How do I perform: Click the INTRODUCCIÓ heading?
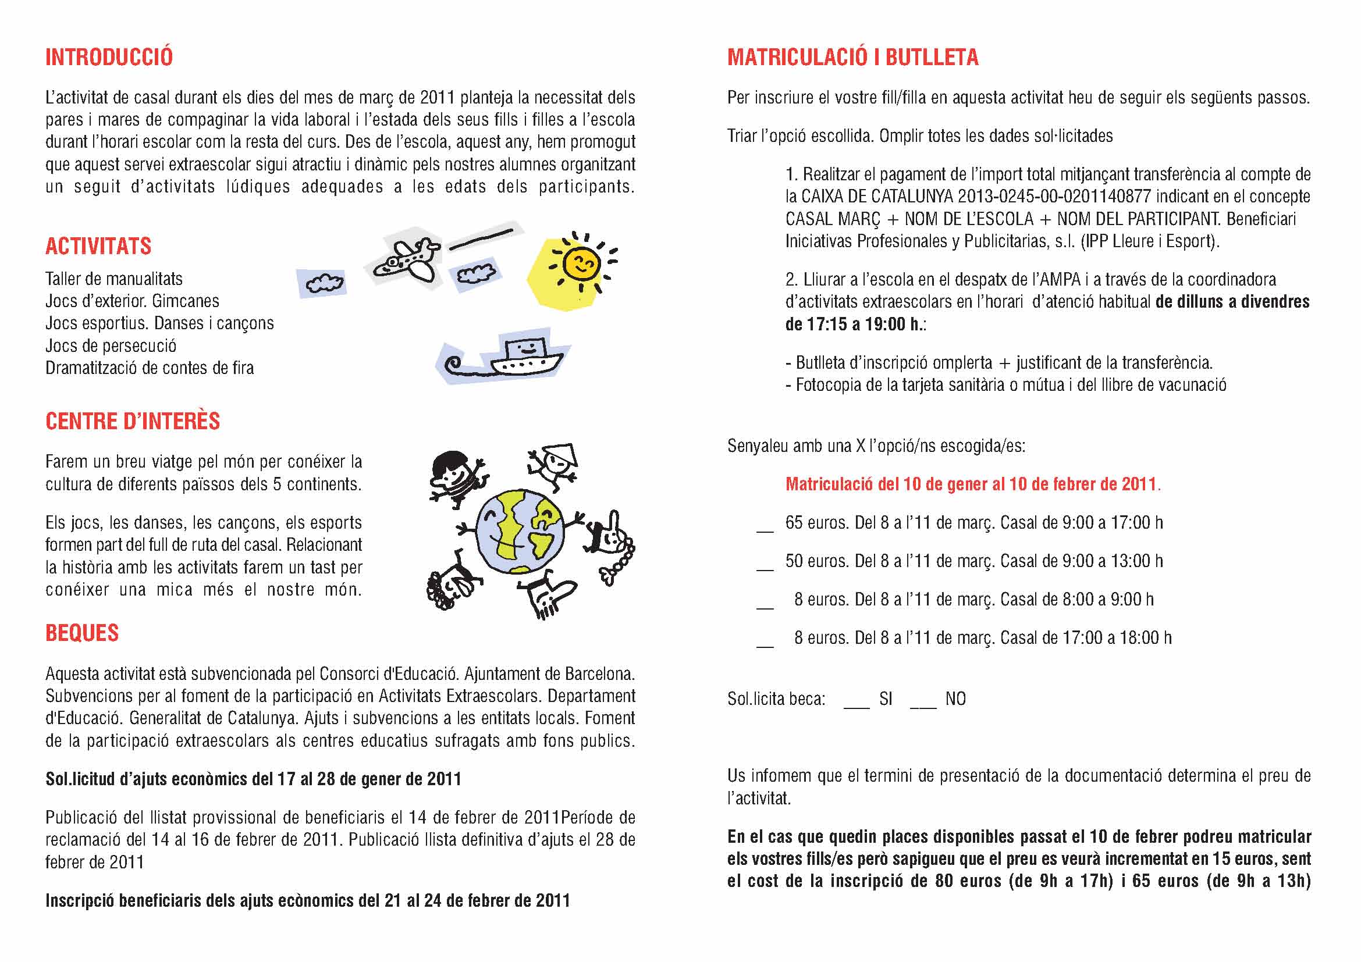(x=109, y=58)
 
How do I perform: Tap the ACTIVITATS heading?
(x=98, y=247)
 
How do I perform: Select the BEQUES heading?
(x=82, y=633)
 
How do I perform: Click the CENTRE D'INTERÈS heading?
(x=133, y=421)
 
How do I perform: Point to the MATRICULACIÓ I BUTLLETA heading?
(x=852, y=58)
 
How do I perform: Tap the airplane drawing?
(x=408, y=259)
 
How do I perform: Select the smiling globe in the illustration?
(x=519, y=532)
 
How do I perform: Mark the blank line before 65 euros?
(x=765, y=531)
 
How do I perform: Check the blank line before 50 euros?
(x=765, y=569)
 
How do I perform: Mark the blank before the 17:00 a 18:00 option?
(x=765, y=646)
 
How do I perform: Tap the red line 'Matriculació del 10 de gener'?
(x=972, y=484)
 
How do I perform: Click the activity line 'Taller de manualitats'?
(x=114, y=279)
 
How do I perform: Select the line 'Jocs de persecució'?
(x=111, y=346)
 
